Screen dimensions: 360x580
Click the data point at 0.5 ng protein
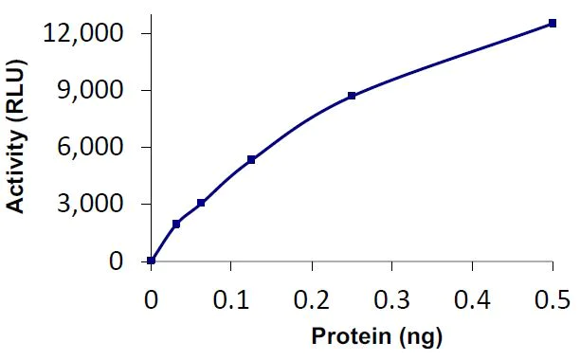coord(553,24)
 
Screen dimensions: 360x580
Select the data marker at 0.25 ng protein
coord(352,96)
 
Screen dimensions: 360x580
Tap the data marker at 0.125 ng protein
coord(251,159)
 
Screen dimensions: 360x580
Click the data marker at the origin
coord(152,261)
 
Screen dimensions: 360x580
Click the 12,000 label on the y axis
coord(84,33)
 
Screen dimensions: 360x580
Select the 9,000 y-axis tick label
coord(93,90)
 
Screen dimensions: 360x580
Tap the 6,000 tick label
coord(93,147)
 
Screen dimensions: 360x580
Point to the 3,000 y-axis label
coord(93,204)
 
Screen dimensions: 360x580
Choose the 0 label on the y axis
coord(116,261)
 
